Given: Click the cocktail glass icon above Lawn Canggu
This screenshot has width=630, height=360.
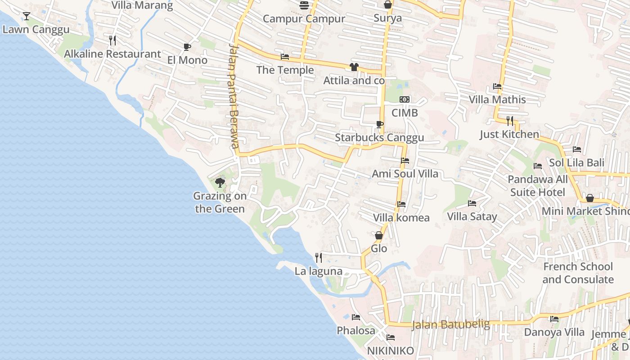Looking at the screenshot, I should tap(27, 16).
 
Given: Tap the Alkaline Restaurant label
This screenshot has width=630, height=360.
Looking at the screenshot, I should tap(112, 54).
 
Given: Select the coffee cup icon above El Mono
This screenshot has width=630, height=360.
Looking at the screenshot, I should tap(187, 47).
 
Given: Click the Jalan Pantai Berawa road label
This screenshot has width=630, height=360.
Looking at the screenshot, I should tap(233, 95).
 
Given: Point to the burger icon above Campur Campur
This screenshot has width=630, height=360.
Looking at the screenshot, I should tap(304, 5).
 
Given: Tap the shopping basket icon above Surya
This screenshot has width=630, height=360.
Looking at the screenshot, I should tap(388, 5).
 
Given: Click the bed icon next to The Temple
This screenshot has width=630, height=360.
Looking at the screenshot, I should tap(285, 57).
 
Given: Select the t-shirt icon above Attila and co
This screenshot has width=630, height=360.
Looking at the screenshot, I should tap(354, 67).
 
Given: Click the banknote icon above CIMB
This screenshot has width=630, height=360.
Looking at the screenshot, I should tap(405, 99).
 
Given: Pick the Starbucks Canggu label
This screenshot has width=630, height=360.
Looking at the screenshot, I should tap(379, 138).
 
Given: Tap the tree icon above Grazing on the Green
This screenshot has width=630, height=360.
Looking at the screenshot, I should tap(220, 182).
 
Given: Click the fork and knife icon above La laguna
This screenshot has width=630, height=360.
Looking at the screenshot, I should tap(319, 258).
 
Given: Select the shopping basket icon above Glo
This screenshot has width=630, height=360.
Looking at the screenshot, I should tap(379, 235).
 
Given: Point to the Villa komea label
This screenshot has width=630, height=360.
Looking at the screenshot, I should tap(401, 218).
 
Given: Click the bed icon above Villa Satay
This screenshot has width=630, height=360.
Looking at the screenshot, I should tap(472, 203).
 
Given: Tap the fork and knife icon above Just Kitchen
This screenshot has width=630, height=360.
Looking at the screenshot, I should tap(509, 121).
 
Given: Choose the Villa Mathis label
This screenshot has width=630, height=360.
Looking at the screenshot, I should tap(497, 99).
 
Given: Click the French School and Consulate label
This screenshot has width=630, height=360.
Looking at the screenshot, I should tap(578, 273).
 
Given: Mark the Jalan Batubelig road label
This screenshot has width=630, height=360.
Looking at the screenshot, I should tap(451, 324).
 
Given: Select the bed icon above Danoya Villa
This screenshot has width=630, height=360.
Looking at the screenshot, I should tap(554, 319).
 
